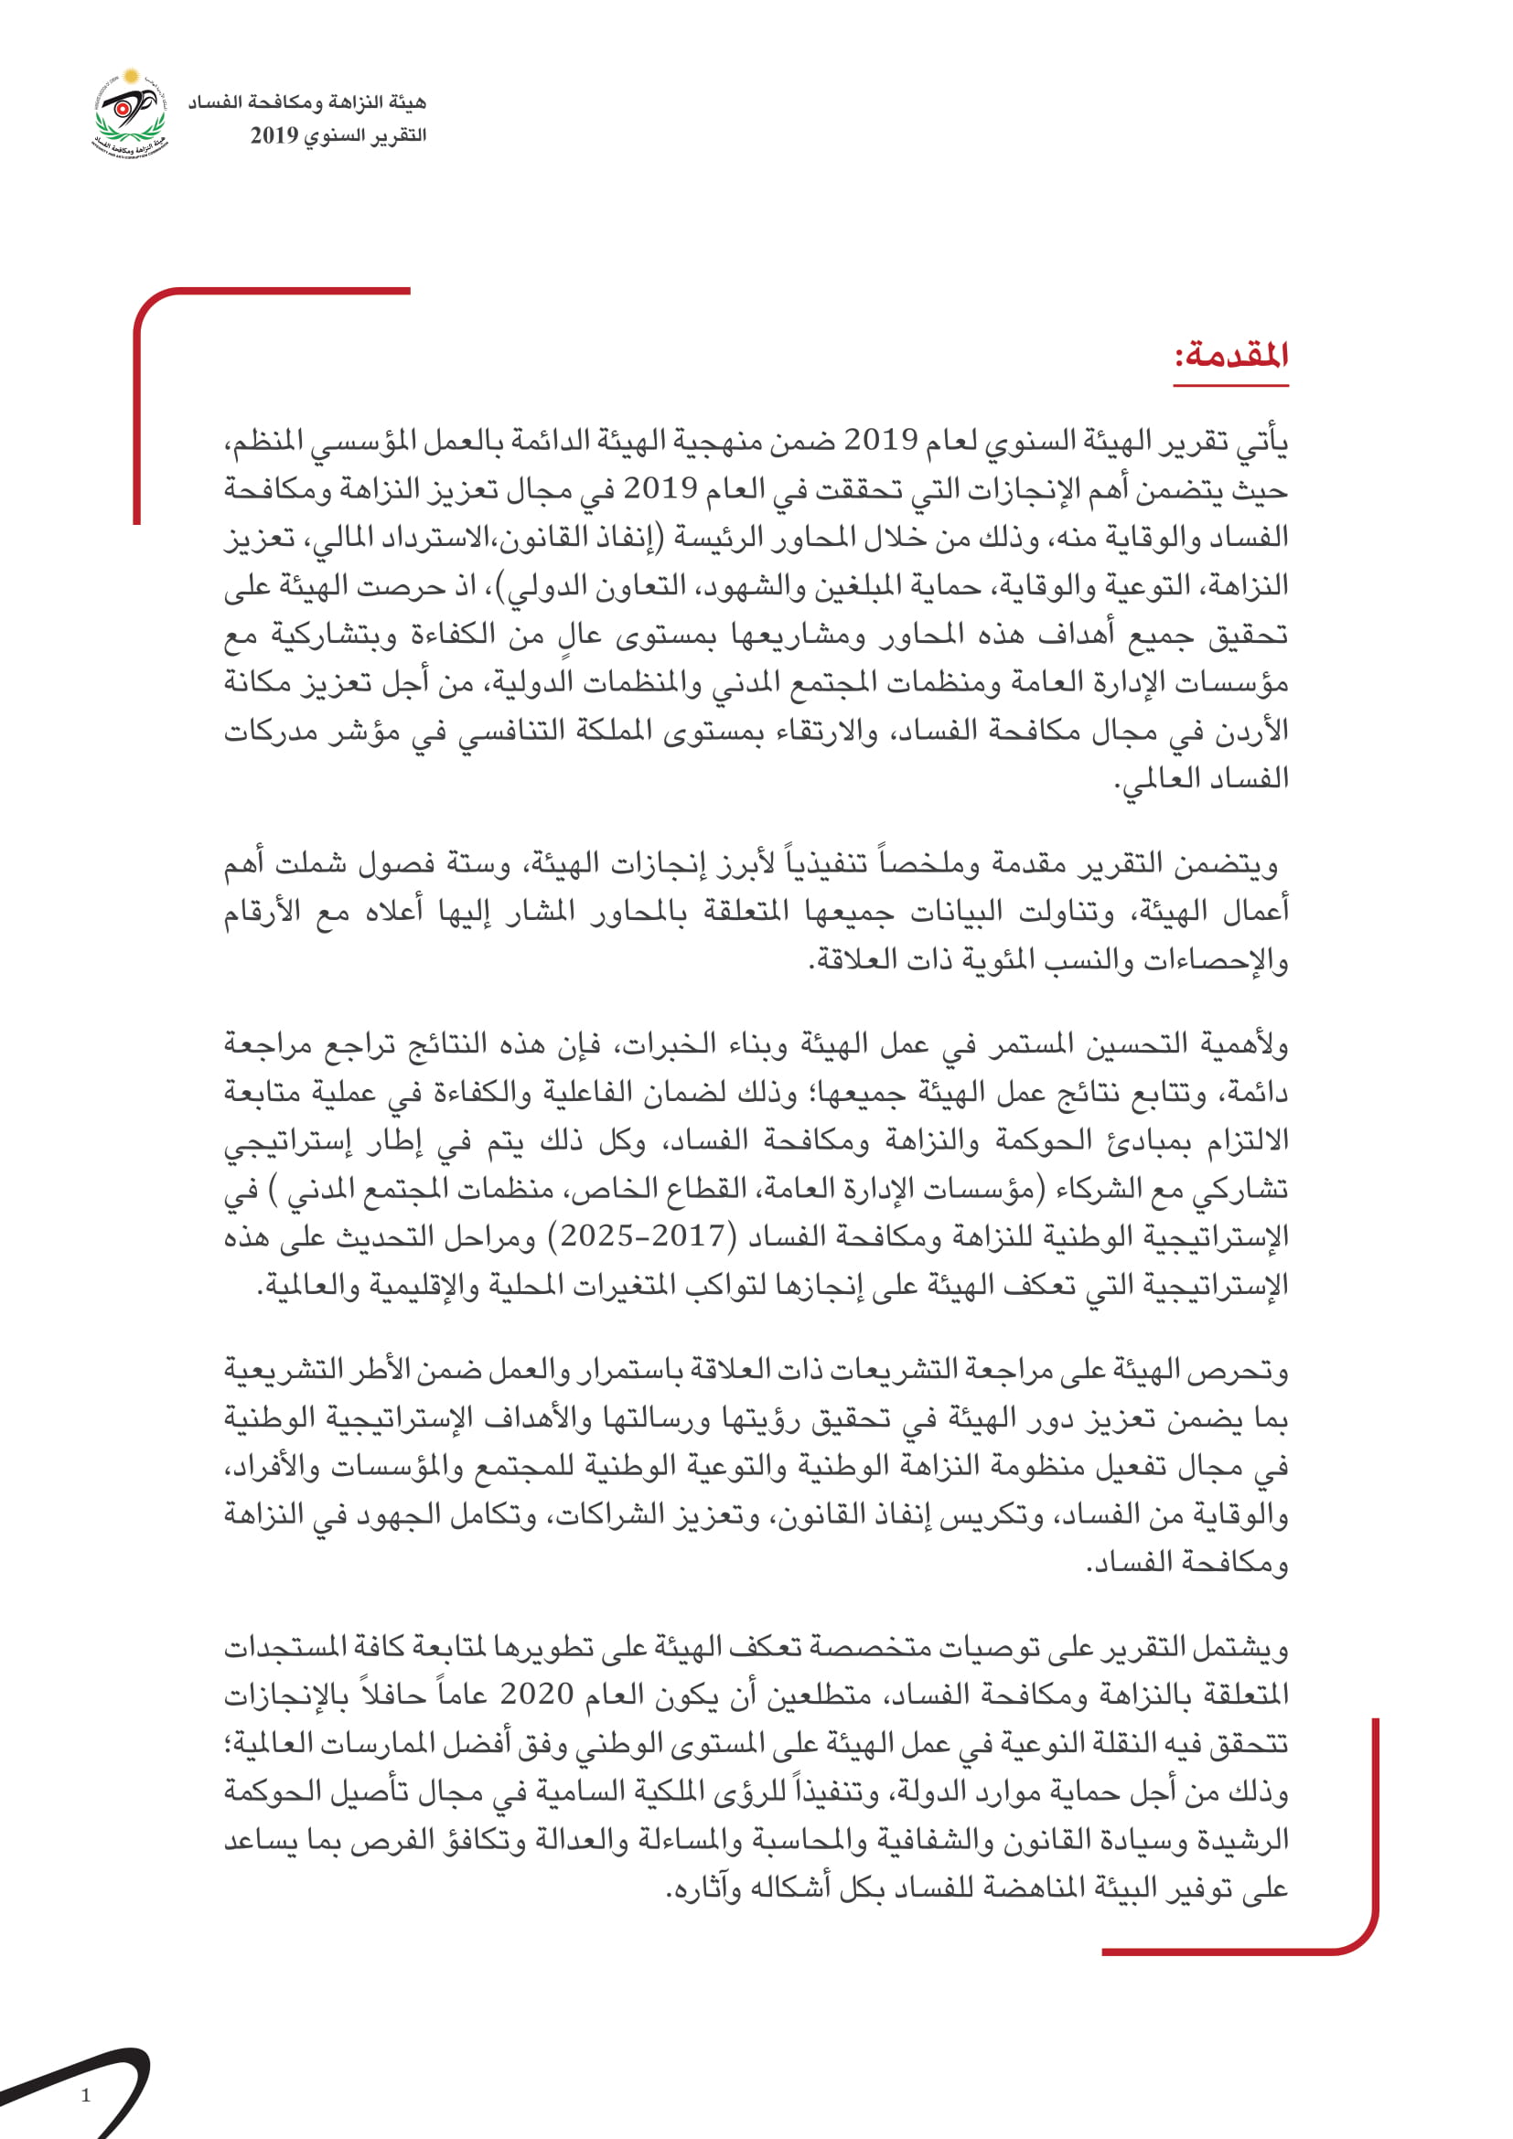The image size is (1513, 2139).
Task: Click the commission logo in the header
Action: (130, 114)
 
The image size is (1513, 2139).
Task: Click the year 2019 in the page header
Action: (274, 136)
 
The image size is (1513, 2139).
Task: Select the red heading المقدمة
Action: (1230, 355)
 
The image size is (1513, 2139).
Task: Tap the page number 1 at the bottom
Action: (87, 2095)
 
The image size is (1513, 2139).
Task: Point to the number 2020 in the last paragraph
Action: (537, 1694)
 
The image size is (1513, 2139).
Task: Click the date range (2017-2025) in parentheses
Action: (643, 1236)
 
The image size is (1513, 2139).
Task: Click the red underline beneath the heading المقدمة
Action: (1230, 384)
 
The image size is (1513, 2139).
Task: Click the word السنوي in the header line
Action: (337, 136)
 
